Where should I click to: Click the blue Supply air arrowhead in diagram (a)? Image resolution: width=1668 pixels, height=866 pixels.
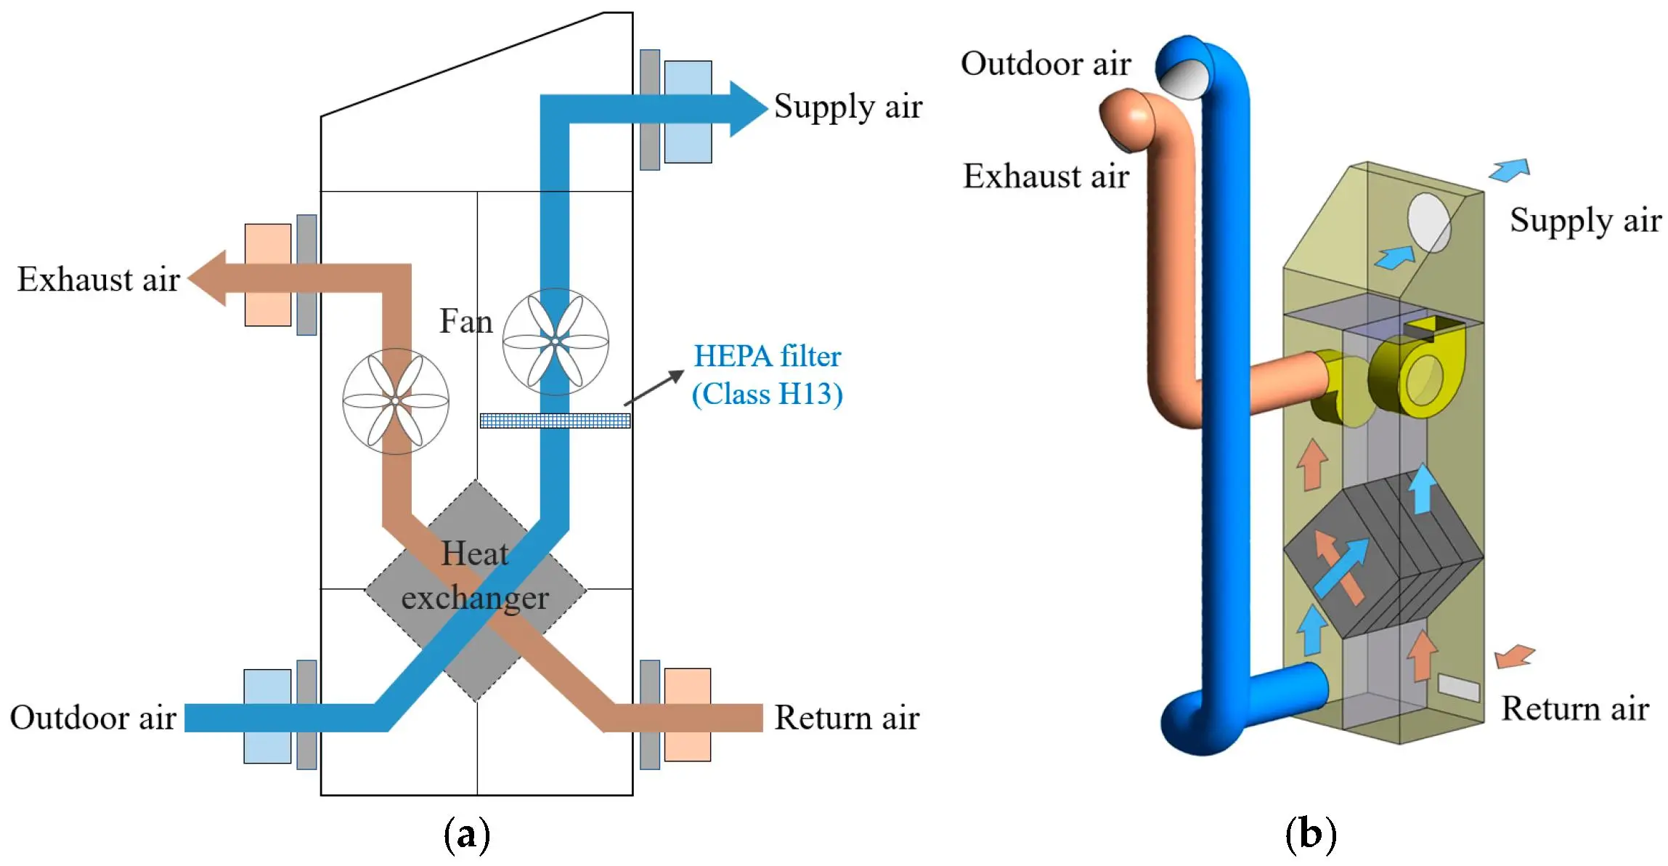click(x=748, y=109)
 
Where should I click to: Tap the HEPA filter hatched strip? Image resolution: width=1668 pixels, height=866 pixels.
click(x=555, y=421)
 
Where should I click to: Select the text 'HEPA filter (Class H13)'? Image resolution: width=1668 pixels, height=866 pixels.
click(x=767, y=375)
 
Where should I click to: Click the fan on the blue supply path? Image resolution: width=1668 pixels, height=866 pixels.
click(x=556, y=341)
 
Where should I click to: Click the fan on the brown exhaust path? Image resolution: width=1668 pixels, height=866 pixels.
click(x=396, y=401)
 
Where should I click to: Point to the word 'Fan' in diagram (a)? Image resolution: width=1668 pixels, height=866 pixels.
click(x=465, y=321)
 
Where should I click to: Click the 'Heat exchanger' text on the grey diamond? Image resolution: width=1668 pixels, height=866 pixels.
click(x=475, y=575)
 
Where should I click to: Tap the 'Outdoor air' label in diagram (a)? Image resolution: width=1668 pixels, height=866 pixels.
click(x=93, y=717)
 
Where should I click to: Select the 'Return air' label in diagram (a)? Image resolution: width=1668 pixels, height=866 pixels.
click(x=846, y=717)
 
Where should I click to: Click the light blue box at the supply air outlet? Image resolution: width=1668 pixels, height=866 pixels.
click(x=688, y=111)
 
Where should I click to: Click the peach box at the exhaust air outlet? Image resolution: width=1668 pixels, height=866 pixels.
click(x=267, y=275)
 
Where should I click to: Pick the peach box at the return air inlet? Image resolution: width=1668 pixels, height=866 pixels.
click(x=687, y=715)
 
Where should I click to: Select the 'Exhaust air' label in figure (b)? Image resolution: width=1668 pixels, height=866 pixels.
click(x=1046, y=176)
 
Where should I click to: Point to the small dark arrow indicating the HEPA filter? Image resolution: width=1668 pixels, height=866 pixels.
click(x=654, y=387)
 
